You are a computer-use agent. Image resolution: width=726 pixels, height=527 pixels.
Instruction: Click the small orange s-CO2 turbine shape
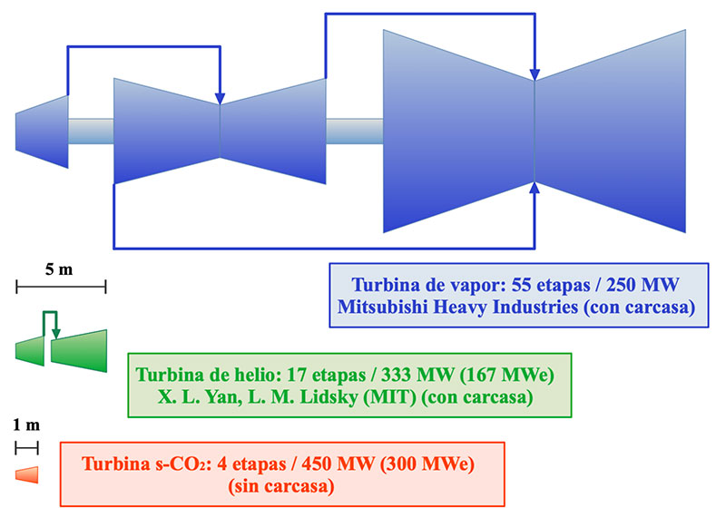27,474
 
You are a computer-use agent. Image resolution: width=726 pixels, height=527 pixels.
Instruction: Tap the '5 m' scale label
61,268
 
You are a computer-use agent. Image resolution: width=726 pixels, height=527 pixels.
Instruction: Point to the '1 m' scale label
26,425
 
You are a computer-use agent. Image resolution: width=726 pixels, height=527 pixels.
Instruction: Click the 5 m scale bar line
61,287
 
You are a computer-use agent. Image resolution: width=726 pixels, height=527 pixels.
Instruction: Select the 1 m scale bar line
26,446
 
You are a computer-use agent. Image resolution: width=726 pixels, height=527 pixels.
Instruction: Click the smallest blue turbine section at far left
42,132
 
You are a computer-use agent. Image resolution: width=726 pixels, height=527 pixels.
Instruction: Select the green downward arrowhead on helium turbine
56,335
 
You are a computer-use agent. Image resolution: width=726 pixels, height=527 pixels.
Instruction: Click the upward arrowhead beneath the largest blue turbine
535,188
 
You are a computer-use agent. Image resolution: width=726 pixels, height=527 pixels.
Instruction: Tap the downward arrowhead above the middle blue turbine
220,98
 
